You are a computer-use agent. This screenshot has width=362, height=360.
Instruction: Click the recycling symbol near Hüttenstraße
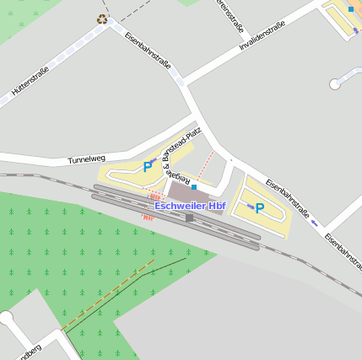click(102, 19)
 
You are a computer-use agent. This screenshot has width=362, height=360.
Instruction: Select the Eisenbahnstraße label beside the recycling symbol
click(148, 50)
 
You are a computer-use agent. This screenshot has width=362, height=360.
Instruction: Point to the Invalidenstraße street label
click(262, 35)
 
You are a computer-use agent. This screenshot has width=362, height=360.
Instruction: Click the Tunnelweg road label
click(86, 159)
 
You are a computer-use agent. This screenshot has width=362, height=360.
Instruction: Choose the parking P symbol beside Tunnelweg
click(148, 167)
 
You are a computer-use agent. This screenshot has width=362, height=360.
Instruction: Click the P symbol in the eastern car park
click(260, 207)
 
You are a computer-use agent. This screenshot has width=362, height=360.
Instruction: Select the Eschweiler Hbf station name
click(190, 206)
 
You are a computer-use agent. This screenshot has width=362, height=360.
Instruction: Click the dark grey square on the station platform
click(190, 218)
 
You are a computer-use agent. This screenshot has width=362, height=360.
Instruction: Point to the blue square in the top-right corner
click(350, 9)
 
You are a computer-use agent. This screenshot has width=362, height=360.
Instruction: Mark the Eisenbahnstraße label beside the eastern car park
click(287, 200)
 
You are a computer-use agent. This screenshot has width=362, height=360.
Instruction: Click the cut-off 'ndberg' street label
click(29, 351)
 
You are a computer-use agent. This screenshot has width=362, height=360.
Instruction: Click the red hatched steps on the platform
click(149, 217)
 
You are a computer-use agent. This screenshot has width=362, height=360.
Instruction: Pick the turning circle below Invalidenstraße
click(335, 83)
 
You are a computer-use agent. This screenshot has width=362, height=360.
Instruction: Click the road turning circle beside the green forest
click(7, 318)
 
